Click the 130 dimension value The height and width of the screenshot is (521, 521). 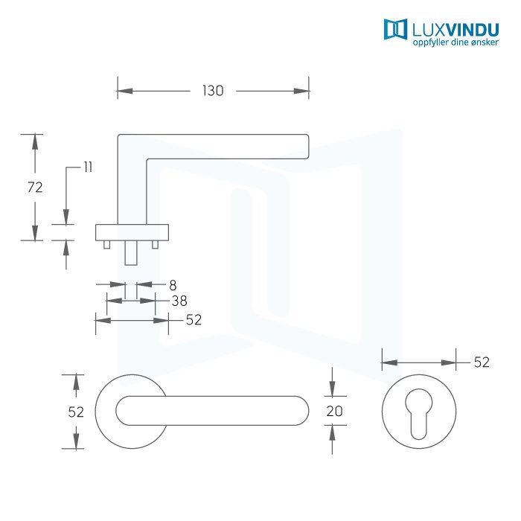click(x=213, y=91)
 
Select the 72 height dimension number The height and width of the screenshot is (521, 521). click(x=35, y=188)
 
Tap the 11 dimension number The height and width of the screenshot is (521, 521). click(x=88, y=167)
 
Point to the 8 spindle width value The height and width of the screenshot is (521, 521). click(x=173, y=284)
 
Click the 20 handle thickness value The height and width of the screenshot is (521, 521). click(x=333, y=411)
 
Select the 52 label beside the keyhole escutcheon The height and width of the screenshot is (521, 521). click(x=482, y=362)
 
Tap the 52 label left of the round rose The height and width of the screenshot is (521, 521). click(x=75, y=412)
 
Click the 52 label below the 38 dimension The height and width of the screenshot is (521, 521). click(x=194, y=319)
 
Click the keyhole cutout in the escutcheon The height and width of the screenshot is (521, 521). click(x=418, y=417)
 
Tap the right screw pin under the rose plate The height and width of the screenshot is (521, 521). click(x=155, y=244)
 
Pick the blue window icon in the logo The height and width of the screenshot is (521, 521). click(x=395, y=29)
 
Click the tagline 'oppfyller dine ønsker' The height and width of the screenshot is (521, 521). click(x=456, y=43)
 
